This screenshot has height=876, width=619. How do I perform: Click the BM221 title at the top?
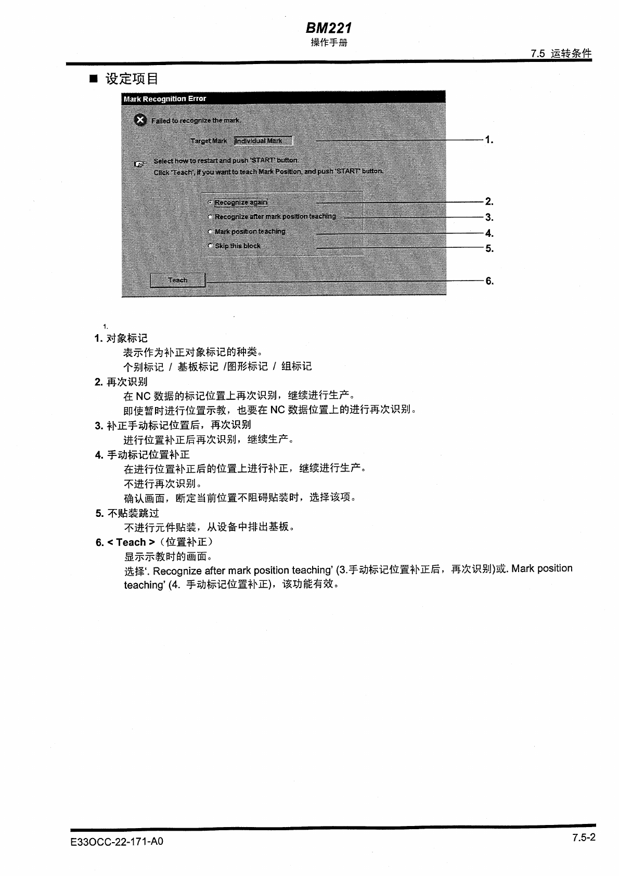point(329,28)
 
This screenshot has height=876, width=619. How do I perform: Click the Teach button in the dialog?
point(177,280)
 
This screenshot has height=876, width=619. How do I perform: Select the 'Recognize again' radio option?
point(210,202)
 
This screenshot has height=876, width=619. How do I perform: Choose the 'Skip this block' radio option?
point(210,246)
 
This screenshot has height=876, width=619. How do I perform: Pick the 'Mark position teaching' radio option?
point(210,232)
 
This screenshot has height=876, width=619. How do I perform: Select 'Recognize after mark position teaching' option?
point(210,217)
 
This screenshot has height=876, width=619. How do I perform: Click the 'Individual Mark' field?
point(263,141)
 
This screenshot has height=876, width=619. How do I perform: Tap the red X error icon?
point(140,120)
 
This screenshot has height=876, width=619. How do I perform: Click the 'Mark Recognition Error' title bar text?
point(165,98)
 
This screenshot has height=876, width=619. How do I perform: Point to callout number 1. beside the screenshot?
point(488,139)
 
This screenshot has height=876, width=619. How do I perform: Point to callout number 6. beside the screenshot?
point(489,281)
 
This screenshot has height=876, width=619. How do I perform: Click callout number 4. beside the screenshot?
point(489,233)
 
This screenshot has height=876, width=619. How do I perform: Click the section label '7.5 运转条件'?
point(561,53)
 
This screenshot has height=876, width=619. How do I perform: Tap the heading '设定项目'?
point(132,79)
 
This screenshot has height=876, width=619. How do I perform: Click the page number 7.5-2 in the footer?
point(584,837)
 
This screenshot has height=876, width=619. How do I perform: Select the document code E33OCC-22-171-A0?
point(117,841)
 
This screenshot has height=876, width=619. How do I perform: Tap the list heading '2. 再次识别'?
point(121,382)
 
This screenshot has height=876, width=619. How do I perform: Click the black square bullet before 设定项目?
point(94,79)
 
